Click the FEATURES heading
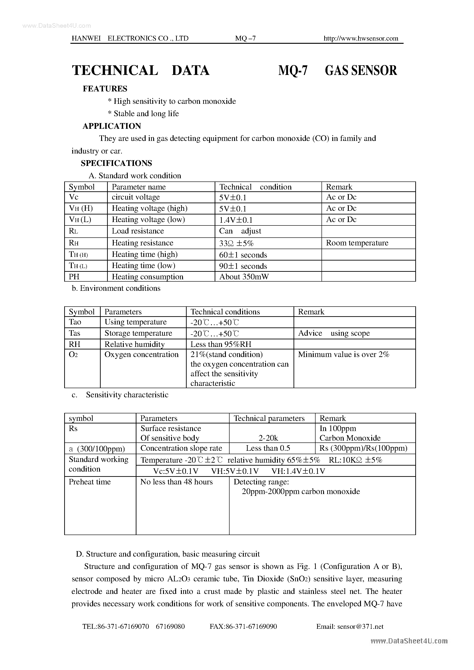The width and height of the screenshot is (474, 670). click(x=105, y=89)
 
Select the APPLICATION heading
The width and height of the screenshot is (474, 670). click(x=112, y=126)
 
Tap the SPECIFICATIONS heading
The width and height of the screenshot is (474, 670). click(x=116, y=163)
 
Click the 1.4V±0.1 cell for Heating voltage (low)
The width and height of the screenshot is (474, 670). click(x=236, y=220)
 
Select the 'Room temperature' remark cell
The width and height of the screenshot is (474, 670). click(x=357, y=243)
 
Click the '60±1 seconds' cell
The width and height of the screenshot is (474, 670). click(x=243, y=255)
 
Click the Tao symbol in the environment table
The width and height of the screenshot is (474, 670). click(x=75, y=322)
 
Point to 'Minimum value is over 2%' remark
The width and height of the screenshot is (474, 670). click(x=344, y=354)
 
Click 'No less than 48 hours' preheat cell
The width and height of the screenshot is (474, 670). click(x=176, y=482)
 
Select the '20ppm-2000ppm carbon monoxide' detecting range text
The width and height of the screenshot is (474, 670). click(x=301, y=492)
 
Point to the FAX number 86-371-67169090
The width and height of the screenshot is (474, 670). click(x=243, y=626)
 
